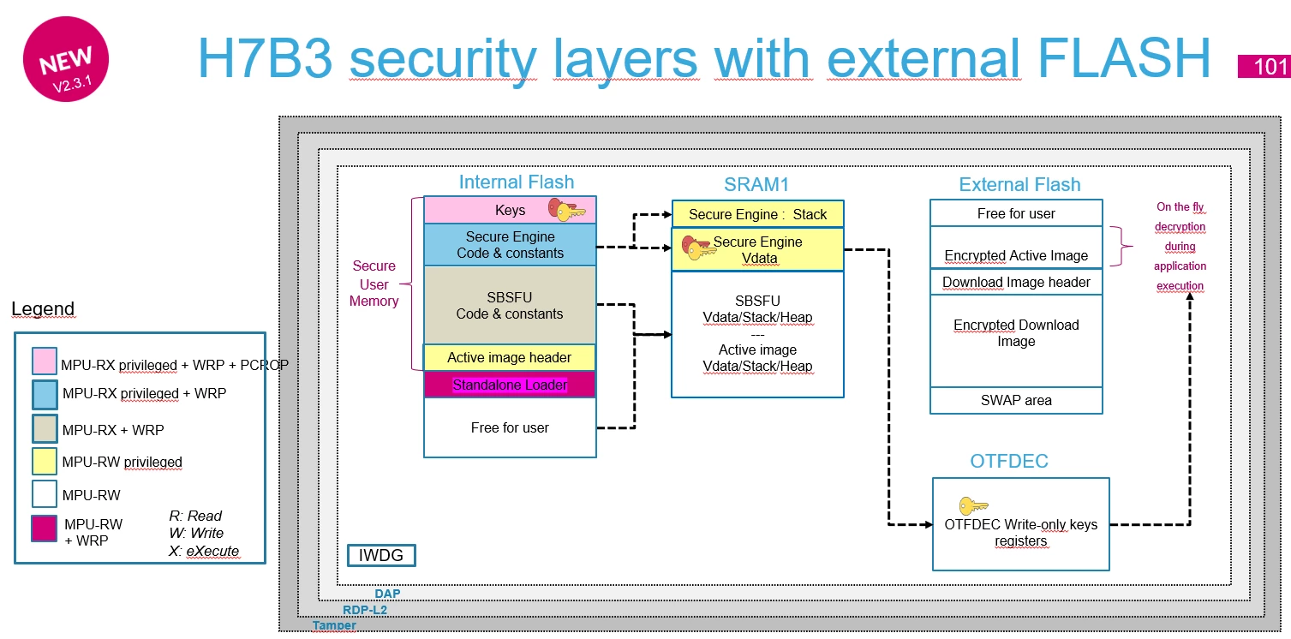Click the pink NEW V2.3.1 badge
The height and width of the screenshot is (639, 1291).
point(66,59)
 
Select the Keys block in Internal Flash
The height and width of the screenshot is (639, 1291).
point(510,210)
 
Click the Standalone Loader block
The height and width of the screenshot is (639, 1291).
point(510,385)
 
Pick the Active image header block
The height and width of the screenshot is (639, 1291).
point(510,357)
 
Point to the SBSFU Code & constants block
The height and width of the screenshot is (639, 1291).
point(510,305)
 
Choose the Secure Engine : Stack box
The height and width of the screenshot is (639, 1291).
point(758,214)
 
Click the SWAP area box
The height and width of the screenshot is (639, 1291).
point(1016,401)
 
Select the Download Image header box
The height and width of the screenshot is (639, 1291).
point(1016,282)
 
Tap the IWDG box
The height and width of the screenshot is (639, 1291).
point(381,555)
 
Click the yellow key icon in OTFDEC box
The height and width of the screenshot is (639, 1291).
point(973,506)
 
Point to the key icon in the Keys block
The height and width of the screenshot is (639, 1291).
point(566,210)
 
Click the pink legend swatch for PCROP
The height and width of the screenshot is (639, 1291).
point(45,361)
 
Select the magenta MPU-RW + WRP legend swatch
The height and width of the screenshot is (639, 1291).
point(45,529)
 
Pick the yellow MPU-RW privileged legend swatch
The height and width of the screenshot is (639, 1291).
point(45,461)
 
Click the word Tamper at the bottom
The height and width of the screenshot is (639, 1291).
point(334,625)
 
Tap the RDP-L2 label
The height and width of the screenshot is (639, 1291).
point(365,610)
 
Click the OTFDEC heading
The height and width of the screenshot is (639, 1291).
point(1009,461)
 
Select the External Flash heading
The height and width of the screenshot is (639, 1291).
point(1019,184)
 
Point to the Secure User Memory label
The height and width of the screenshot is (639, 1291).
point(374,284)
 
